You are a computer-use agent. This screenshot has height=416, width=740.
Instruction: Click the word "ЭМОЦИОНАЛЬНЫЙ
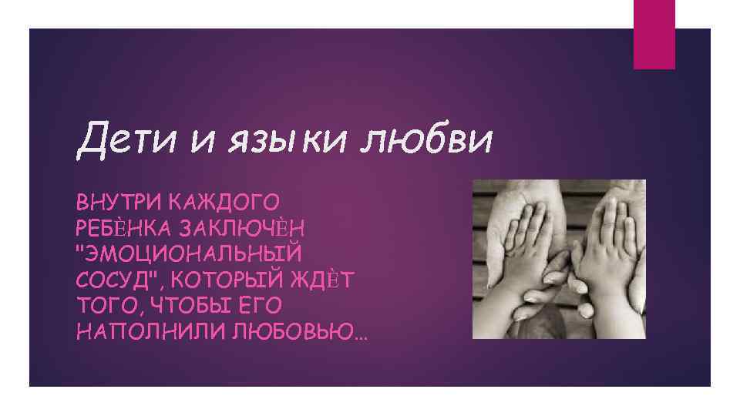click(x=190, y=253)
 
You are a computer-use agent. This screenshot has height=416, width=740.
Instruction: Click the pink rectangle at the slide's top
click(x=654, y=34)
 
